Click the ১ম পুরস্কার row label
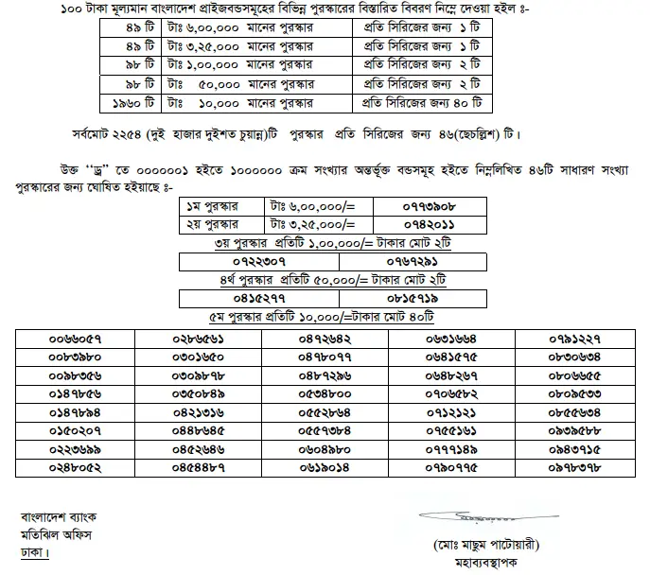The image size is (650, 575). [214, 204]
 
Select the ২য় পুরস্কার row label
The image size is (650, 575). [214, 223]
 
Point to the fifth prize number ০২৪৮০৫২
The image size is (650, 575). [77, 466]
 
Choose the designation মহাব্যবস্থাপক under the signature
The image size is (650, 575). [468, 564]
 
